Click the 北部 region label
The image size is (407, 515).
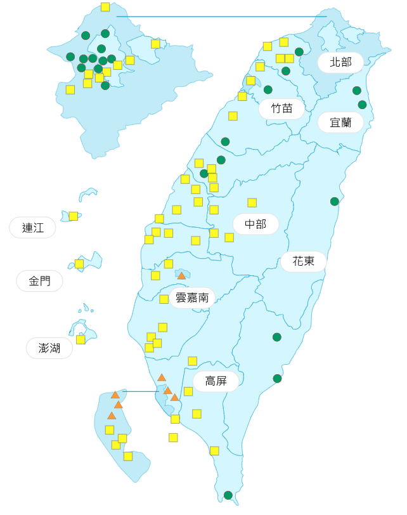pos(340,63)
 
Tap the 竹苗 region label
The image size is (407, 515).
pos(282,108)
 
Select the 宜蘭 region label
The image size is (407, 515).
pos(340,122)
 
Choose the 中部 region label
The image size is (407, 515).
pos(255,224)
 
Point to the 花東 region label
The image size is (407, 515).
pos(304,261)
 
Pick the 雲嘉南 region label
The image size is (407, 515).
pos(192,297)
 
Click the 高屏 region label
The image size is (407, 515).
pos(216,381)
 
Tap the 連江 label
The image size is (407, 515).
pos(32,228)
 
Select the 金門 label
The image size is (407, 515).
pos(39,281)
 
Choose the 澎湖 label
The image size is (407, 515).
pos(49,348)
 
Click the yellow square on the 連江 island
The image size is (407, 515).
pos(74,216)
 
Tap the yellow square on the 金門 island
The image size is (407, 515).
pos(79,264)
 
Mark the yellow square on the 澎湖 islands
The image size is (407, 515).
pos(81,339)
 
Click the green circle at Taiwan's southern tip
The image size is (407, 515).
pos(228,495)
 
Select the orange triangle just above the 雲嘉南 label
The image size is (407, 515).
pos(181,276)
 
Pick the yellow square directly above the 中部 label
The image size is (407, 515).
pos(252,203)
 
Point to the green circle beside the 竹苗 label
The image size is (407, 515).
pos(268,90)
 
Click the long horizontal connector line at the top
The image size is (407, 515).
pos(222,16)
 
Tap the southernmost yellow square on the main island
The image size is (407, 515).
pos(214,451)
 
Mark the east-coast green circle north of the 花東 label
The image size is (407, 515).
pos(335,202)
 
